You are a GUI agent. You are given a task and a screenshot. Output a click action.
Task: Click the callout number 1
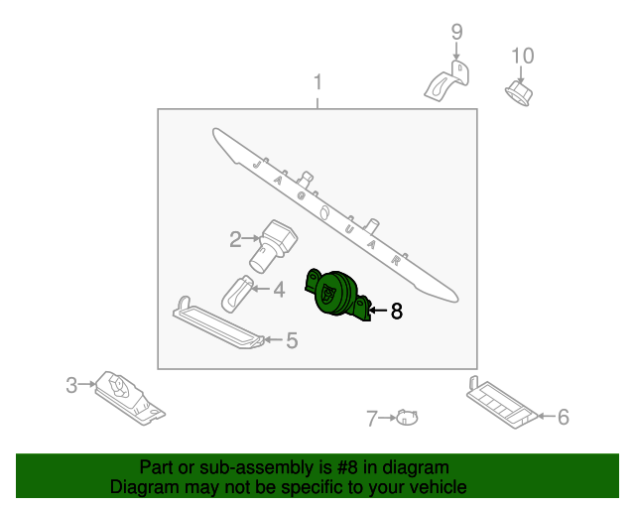click(x=317, y=82)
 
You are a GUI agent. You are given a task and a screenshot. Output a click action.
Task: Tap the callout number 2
click(x=235, y=239)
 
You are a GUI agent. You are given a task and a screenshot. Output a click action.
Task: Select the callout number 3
click(x=71, y=385)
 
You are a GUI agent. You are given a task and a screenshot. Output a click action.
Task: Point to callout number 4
click(x=279, y=290)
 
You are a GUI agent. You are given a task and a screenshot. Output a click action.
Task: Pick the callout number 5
click(x=292, y=340)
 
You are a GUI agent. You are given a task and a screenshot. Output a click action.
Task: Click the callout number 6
click(x=564, y=417)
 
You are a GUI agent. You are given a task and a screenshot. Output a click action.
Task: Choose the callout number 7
click(x=372, y=419)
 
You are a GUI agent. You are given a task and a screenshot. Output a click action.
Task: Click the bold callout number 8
click(x=397, y=312)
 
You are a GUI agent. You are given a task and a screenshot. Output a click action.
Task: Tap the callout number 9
click(x=456, y=32)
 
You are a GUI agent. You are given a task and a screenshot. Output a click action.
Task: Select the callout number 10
click(x=523, y=56)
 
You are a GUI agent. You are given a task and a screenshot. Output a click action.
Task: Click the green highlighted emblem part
click(x=337, y=295)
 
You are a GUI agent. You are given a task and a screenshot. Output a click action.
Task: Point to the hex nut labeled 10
click(x=518, y=93)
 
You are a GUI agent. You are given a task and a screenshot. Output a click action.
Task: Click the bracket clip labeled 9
click(x=447, y=81)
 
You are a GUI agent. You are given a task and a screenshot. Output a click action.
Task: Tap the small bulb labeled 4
click(x=237, y=294)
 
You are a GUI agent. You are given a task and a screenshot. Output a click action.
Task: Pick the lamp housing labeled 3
click(x=130, y=398)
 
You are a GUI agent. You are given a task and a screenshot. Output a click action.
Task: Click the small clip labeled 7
click(x=407, y=418)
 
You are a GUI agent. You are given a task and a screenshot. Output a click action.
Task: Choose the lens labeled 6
click(x=502, y=404)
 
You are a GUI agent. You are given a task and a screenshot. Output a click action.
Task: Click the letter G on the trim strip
click(x=301, y=196)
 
